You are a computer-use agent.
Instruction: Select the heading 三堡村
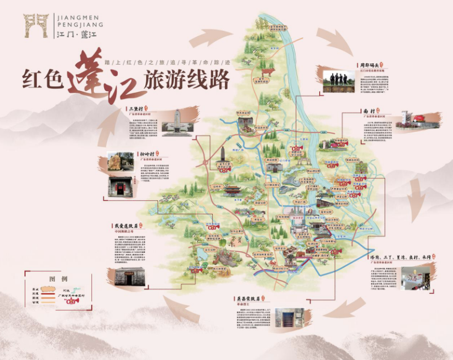(136, 109)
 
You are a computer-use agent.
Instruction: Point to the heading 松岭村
(148, 154)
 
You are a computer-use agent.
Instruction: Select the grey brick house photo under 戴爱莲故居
(129, 278)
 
